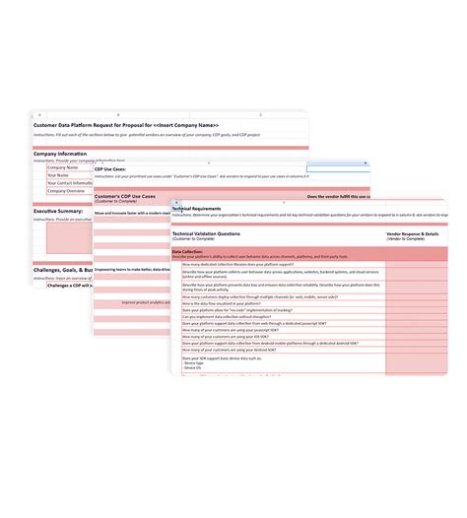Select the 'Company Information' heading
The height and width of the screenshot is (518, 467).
pos(65,154)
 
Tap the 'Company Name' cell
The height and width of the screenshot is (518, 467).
pos(63,167)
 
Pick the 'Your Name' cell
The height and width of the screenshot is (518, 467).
pos(59,175)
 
